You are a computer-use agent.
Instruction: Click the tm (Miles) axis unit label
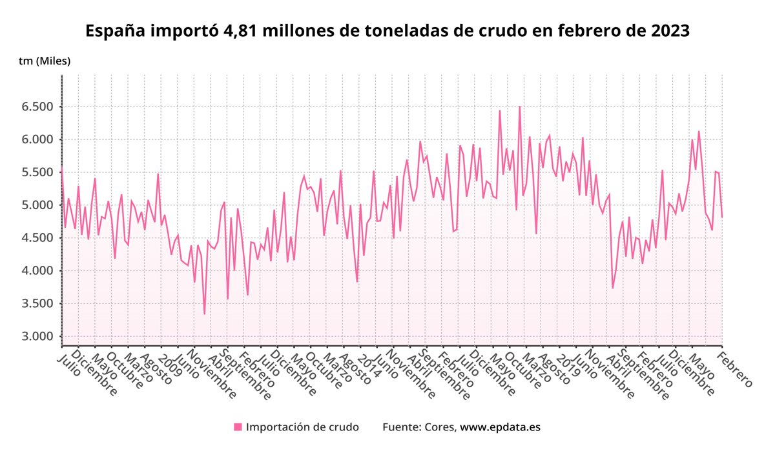pyautogui.click(x=45, y=61)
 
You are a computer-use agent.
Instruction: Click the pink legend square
pyautogui.click(x=238, y=427)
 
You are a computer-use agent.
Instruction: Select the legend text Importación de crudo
pyautogui.click(x=302, y=427)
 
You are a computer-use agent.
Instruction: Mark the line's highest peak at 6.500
pyautogui.click(x=519, y=107)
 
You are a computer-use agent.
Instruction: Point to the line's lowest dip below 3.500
pyautogui.click(x=205, y=314)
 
